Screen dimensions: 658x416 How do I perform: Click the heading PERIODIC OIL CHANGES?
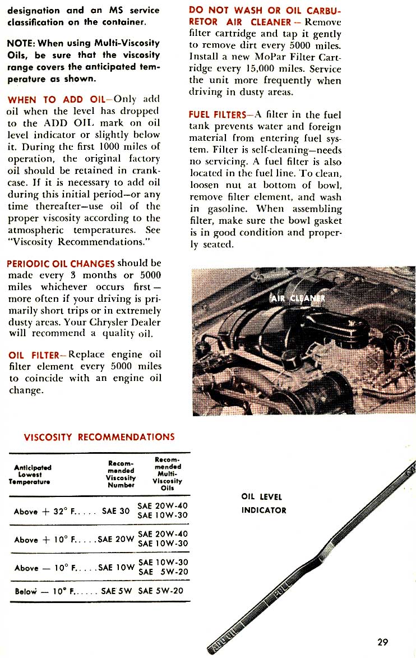click(61, 263)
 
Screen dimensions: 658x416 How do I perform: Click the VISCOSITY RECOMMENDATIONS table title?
click(99, 437)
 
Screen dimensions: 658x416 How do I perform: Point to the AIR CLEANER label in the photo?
click(298, 298)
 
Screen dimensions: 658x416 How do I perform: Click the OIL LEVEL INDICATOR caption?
click(264, 503)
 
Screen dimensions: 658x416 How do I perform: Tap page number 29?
click(382, 642)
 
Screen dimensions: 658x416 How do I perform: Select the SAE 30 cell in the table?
click(117, 511)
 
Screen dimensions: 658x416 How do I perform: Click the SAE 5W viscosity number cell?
click(117, 591)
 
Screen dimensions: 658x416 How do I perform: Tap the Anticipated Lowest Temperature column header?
click(33, 474)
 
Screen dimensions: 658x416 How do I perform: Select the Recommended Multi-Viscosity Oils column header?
click(167, 474)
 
